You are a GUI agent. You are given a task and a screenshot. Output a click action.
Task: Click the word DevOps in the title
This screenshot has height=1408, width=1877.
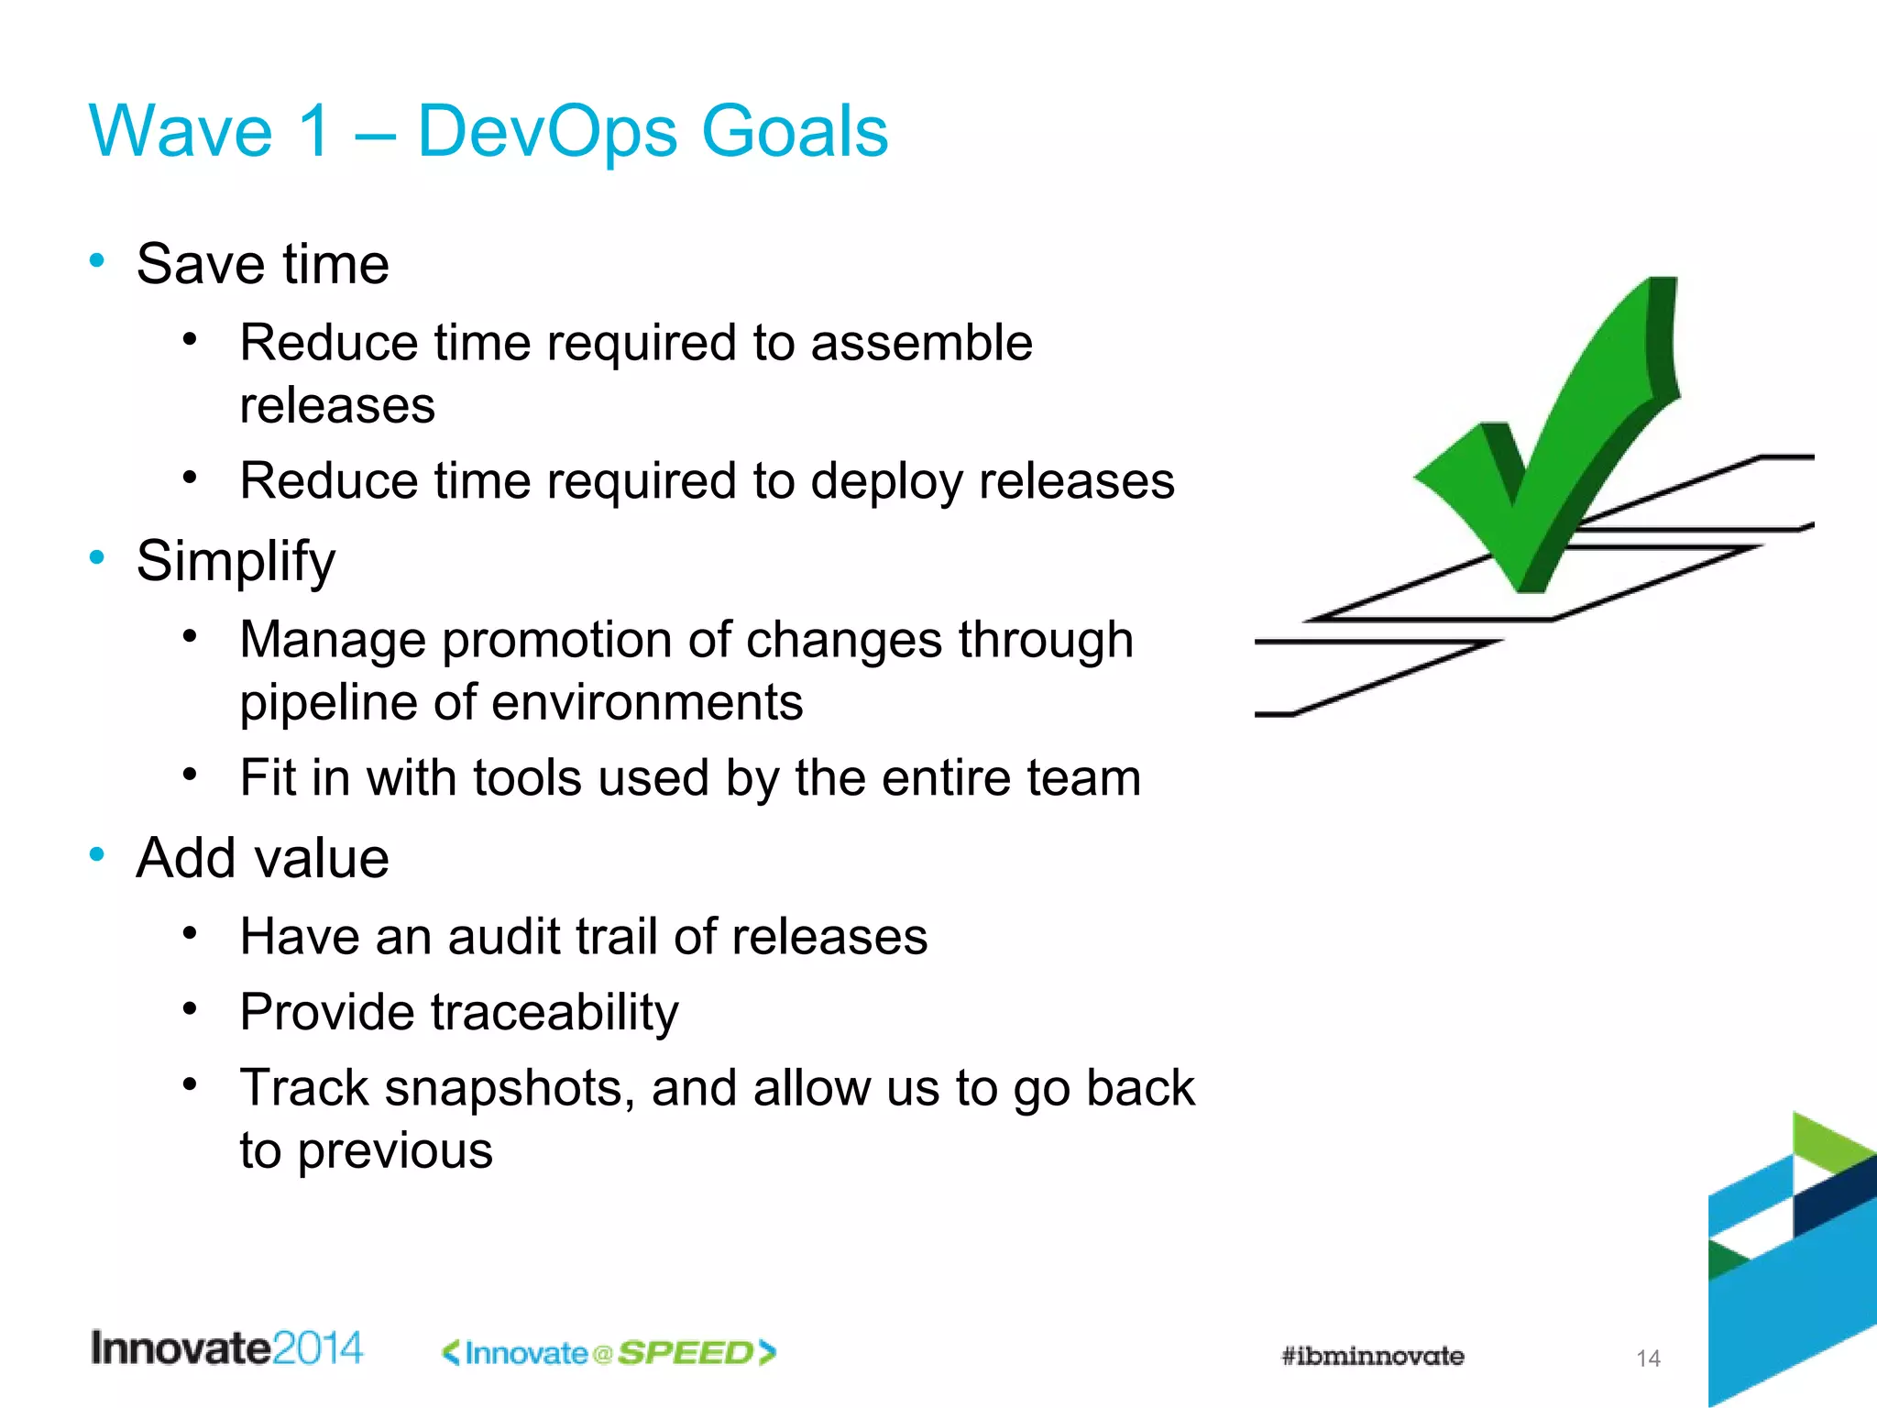point(547,131)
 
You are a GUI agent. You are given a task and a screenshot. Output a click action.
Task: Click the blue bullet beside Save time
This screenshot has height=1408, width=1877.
point(97,260)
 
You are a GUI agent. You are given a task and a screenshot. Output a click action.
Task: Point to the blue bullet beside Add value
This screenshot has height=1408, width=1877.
point(97,854)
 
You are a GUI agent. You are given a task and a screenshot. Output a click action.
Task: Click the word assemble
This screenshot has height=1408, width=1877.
point(921,343)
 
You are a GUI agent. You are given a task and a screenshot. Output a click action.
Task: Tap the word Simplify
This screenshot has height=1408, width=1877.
point(236,561)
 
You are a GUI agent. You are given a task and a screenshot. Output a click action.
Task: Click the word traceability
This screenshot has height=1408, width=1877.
point(554,1013)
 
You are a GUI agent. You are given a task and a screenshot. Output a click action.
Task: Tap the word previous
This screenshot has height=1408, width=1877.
point(395,1150)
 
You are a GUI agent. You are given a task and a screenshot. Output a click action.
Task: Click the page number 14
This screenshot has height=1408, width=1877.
point(1648,1358)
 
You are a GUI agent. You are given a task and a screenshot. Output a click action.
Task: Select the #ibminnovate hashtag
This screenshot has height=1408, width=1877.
point(1372,1356)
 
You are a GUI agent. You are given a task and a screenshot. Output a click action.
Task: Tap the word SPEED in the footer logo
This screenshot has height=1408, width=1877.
point(686,1353)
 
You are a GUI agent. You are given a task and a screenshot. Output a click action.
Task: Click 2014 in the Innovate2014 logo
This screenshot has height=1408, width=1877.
point(317,1348)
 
